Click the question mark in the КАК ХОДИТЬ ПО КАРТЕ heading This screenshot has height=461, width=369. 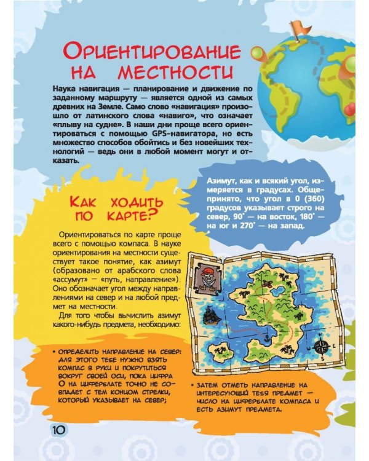click(x=148, y=215)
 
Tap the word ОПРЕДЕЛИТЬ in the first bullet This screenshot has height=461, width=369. click(x=80, y=352)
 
